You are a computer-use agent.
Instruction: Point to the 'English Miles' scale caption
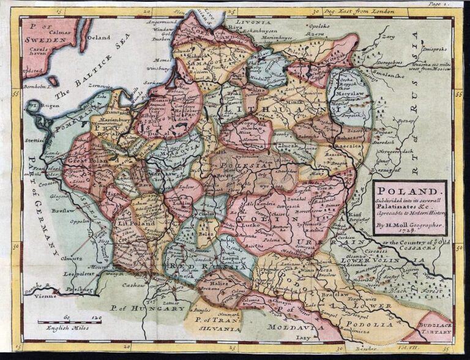point(61,328)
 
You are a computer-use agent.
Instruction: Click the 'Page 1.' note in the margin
point(437,4)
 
